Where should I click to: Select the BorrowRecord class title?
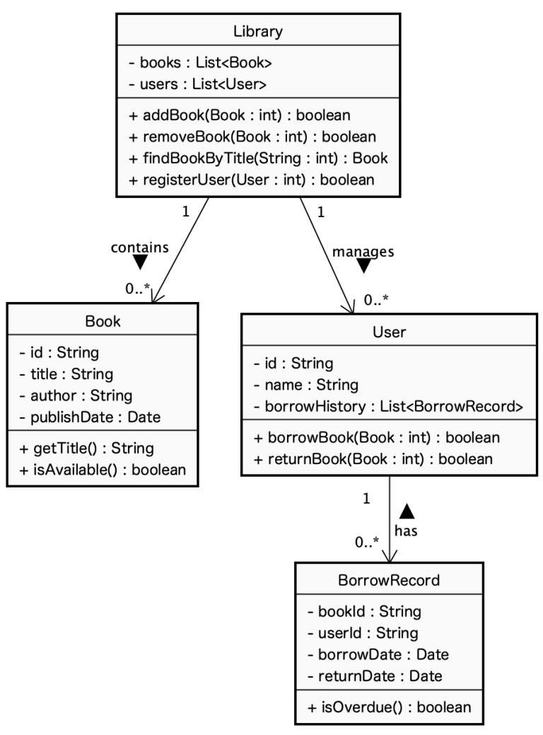point(389,581)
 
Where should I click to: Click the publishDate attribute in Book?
point(90,417)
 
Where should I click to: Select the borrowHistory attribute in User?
point(388,406)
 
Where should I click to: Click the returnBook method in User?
point(372,458)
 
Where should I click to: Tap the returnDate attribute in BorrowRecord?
point(375,676)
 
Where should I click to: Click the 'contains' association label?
point(139,247)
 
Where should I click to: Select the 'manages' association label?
point(363,250)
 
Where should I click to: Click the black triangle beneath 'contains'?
point(140,262)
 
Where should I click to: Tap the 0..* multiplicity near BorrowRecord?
point(367,543)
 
